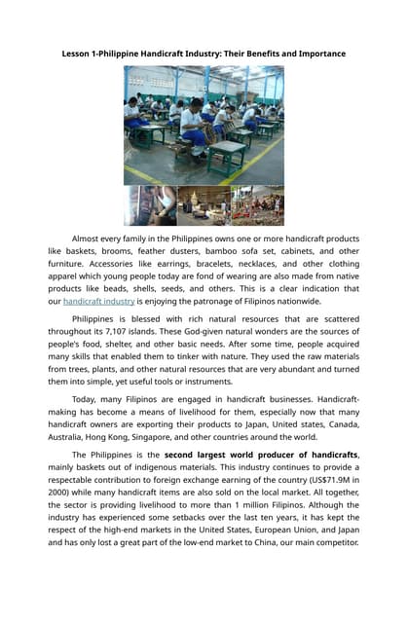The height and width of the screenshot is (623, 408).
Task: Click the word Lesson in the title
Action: pyautogui.click(x=78, y=52)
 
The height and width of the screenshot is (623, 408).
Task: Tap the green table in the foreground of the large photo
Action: pyautogui.click(x=226, y=155)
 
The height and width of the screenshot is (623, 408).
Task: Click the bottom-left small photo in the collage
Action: pyautogui.click(x=150, y=205)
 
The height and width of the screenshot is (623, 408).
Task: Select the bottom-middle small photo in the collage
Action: pyautogui.click(x=204, y=205)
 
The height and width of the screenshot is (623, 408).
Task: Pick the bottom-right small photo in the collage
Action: pyautogui.click(x=257, y=205)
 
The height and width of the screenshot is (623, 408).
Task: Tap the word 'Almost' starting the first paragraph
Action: pyautogui.click(x=90, y=238)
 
